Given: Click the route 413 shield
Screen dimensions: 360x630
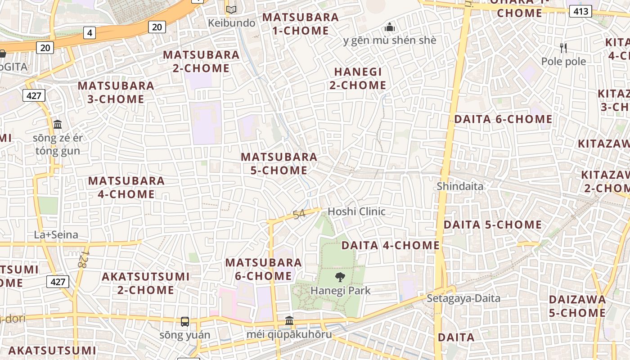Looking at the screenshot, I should [x=580, y=11].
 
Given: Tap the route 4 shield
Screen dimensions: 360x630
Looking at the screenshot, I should [x=90, y=33].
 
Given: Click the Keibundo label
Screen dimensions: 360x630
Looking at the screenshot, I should [x=232, y=22].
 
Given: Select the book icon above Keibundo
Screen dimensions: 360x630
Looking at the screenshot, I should [x=231, y=9].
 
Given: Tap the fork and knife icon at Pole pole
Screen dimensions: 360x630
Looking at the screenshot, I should [x=563, y=48].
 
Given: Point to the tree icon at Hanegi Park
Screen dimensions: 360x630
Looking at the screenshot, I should [x=340, y=277].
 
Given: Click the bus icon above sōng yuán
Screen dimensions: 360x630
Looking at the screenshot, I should [x=185, y=321].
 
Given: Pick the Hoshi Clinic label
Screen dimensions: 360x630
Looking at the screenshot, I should [x=356, y=211].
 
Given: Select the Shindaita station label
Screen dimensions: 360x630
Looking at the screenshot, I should [x=460, y=186].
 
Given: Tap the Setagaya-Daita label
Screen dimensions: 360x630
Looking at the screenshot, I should [x=463, y=298].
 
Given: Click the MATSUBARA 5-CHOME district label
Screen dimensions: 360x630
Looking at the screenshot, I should [x=279, y=163].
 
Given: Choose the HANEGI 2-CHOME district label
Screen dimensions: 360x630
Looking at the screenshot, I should [x=358, y=78].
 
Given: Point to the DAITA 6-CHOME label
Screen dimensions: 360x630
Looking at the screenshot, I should [x=503, y=119].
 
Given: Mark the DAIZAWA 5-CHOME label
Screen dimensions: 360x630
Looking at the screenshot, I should [x=577, y=306].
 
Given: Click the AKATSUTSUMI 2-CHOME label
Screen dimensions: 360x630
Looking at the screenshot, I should [x=146, y=283].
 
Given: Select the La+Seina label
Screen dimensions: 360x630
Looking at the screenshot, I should [x=56, y=234].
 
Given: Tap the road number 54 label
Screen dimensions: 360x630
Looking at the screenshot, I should [x=299, y=214].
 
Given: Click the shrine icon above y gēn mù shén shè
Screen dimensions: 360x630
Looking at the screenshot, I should [x=390, y=27].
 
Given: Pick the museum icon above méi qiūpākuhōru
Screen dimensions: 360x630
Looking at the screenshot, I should [x=289, y=321].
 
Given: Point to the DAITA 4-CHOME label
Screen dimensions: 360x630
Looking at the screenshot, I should [x=390, y=245].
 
